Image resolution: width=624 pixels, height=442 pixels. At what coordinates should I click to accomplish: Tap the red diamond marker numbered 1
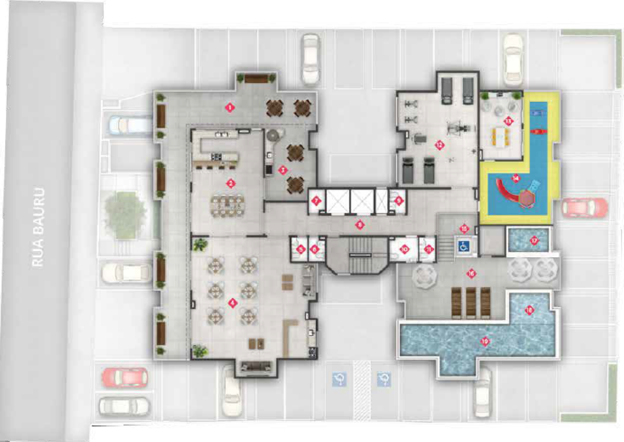pyautogui.click(x=229, y=107)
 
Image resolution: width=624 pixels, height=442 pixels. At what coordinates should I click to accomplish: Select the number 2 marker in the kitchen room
pyautogui.click(x=231, y=184)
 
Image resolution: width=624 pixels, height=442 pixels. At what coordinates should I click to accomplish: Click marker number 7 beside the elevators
pyautogui.click(x=316, y=201)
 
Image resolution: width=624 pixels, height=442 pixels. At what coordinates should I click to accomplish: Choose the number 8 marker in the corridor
pyautogui.click(x=359, y=225)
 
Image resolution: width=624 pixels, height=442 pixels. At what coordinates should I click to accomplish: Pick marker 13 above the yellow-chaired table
pyautogui.click(x=507, y=121)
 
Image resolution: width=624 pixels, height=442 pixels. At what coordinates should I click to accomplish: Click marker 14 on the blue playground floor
pyautogui.click(x=516, y=178)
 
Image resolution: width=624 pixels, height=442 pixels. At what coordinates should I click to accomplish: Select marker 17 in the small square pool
pyautogui.click(x=534, y=241)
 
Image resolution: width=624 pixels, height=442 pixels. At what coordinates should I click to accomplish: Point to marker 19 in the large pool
pyautogui.click(x=485, y=341)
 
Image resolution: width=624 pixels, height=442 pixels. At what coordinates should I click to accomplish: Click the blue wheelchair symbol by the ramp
pyautogui.click(x=463, y=246)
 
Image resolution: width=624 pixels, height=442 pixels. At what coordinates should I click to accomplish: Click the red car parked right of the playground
pyautogui.click(x=584, y=207)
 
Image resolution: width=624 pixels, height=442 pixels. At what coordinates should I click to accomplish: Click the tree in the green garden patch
pyautogui.click(x=124, y=212)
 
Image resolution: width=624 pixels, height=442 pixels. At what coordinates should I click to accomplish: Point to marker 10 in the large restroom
pyautogui.click(x=404, y=249)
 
